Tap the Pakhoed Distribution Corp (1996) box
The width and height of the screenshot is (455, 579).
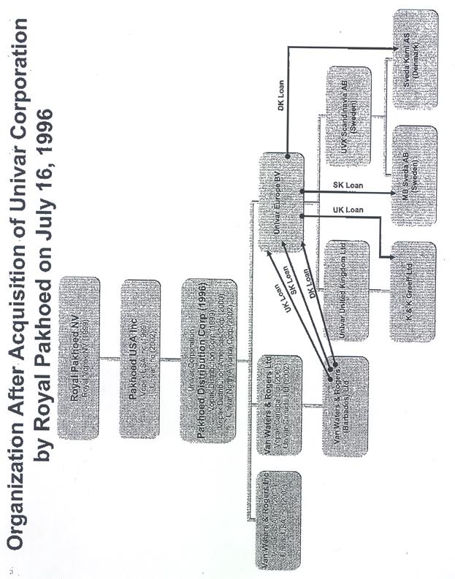(209, 360)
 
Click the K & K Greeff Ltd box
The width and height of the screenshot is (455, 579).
(413, 291)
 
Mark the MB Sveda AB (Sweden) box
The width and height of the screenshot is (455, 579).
(414, 175)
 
